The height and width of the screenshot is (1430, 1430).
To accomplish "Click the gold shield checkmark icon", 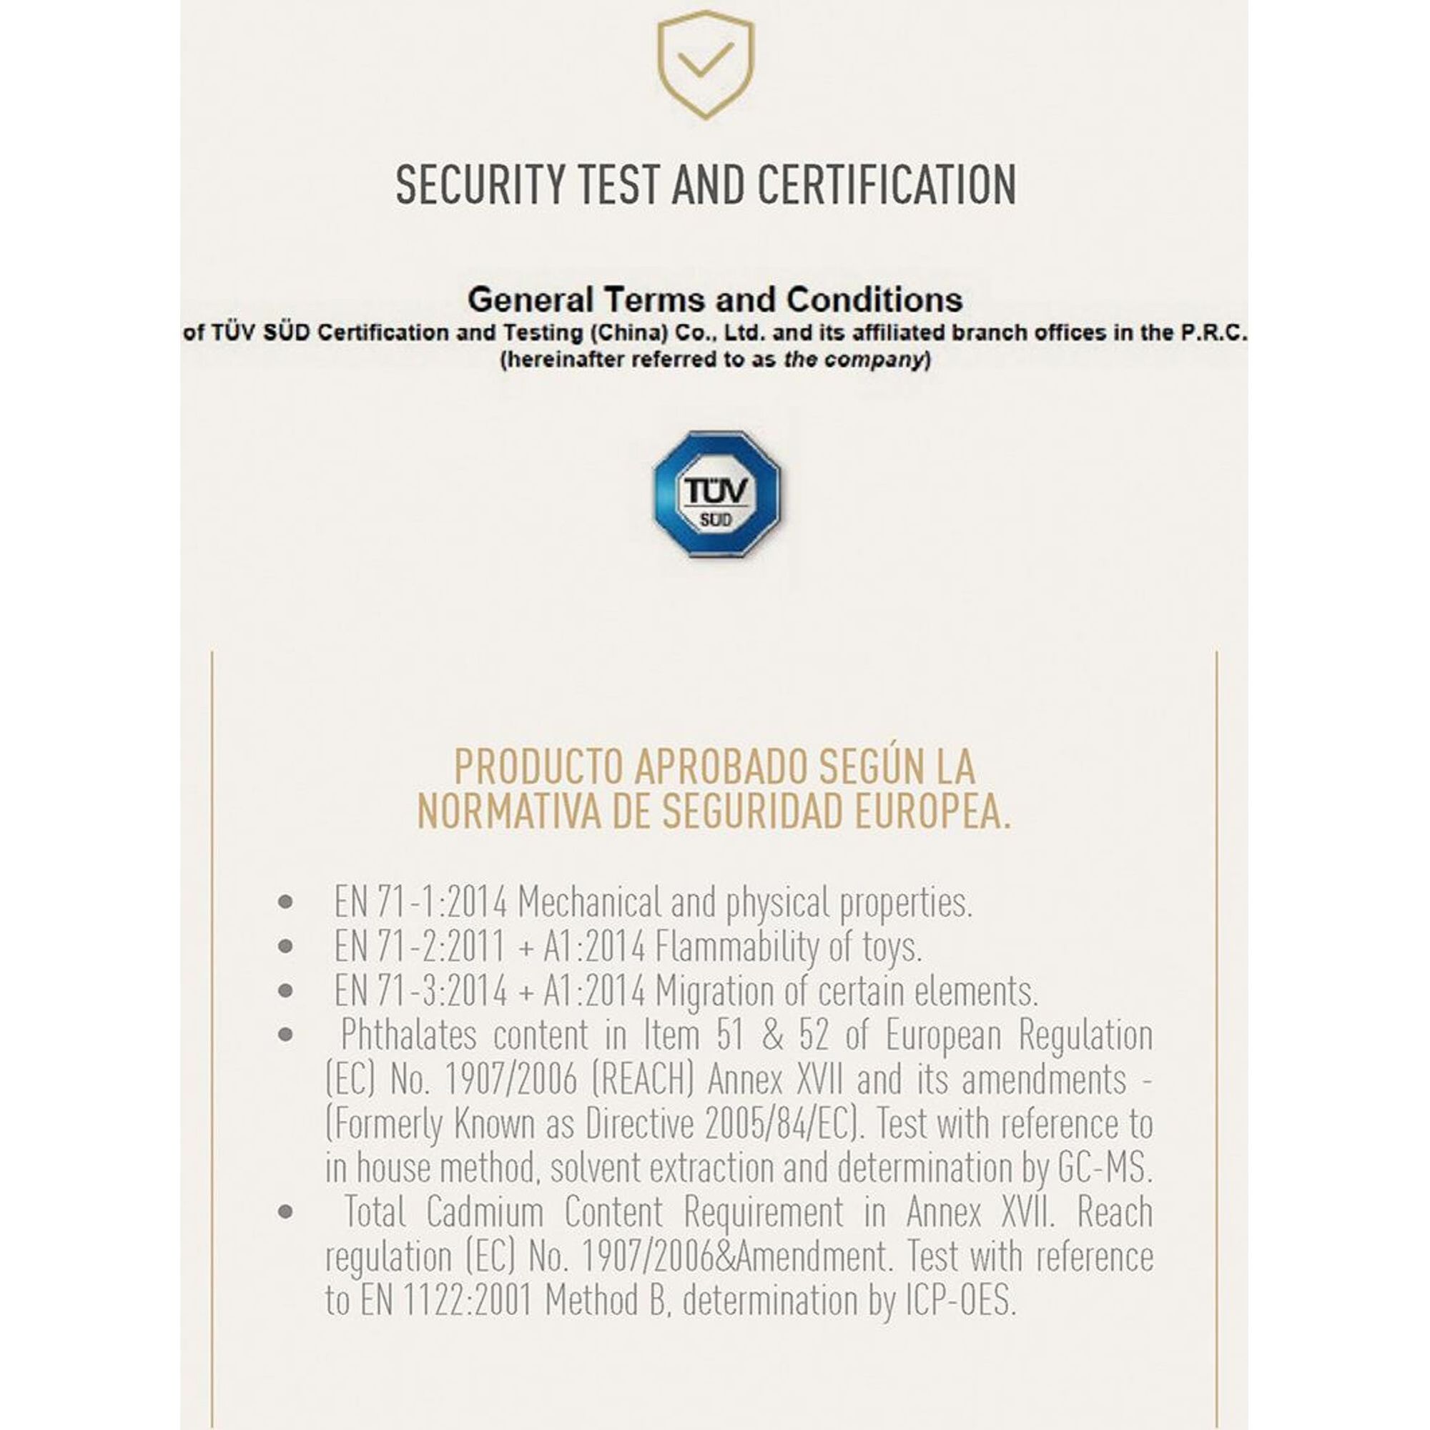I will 706,64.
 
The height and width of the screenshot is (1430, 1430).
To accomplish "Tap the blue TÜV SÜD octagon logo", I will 716,493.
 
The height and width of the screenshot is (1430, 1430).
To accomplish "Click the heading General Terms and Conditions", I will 715,300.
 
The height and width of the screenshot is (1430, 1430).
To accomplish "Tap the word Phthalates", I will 408,1035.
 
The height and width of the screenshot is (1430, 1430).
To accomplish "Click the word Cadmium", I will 485,1213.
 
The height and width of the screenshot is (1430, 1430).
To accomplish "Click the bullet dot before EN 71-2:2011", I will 286,947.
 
